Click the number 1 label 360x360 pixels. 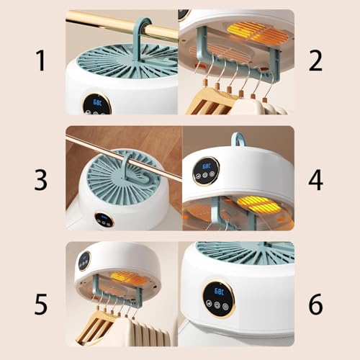[41, 61]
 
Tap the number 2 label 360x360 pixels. [315, 61]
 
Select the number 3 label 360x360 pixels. [41, 179]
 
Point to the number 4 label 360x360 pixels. [315, 179]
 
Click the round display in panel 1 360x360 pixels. [96, 103]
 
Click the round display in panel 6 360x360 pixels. [218, 298]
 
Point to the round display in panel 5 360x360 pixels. [84, 260]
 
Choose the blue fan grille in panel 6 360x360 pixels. [245, 252]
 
